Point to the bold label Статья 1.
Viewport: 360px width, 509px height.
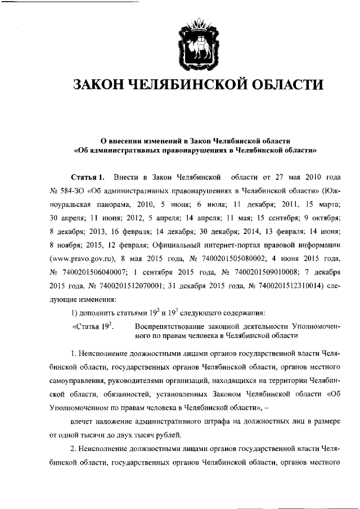click(x=88, y=178)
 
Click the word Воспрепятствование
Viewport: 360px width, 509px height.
click(x=174, y=327)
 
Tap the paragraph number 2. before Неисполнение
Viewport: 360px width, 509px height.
click(x=74, y=449)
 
